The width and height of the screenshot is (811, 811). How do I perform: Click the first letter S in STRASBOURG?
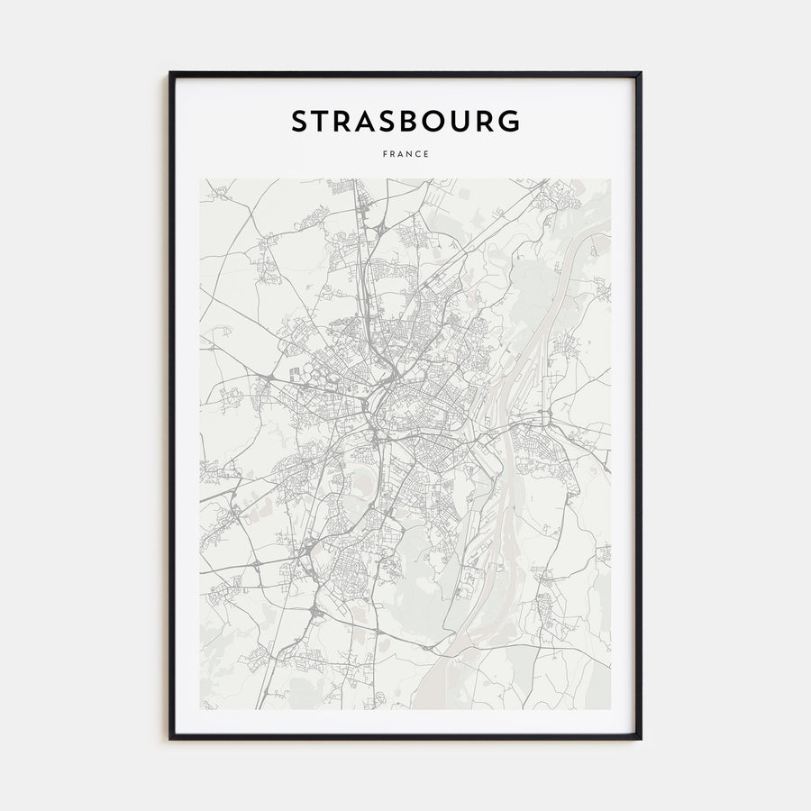click(299, 122)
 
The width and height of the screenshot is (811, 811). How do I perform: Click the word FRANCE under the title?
click(405, 154)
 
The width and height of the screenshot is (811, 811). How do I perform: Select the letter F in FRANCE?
click(385, 154)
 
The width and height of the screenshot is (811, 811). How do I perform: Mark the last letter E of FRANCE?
click(426, 154)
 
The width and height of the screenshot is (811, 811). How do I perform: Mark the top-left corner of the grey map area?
click(201, 179)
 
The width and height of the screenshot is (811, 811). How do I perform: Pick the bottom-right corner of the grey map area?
click(610, 709)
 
